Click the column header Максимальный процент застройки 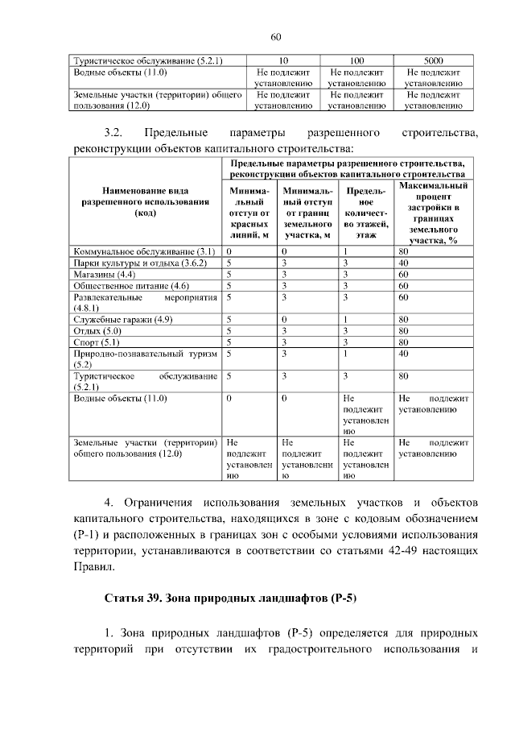click(x=433, y=213)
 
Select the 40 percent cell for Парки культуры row click(x=404, y=263)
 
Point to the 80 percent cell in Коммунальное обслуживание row click(x=404, y=251)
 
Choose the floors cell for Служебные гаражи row click(x=344, y=320)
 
